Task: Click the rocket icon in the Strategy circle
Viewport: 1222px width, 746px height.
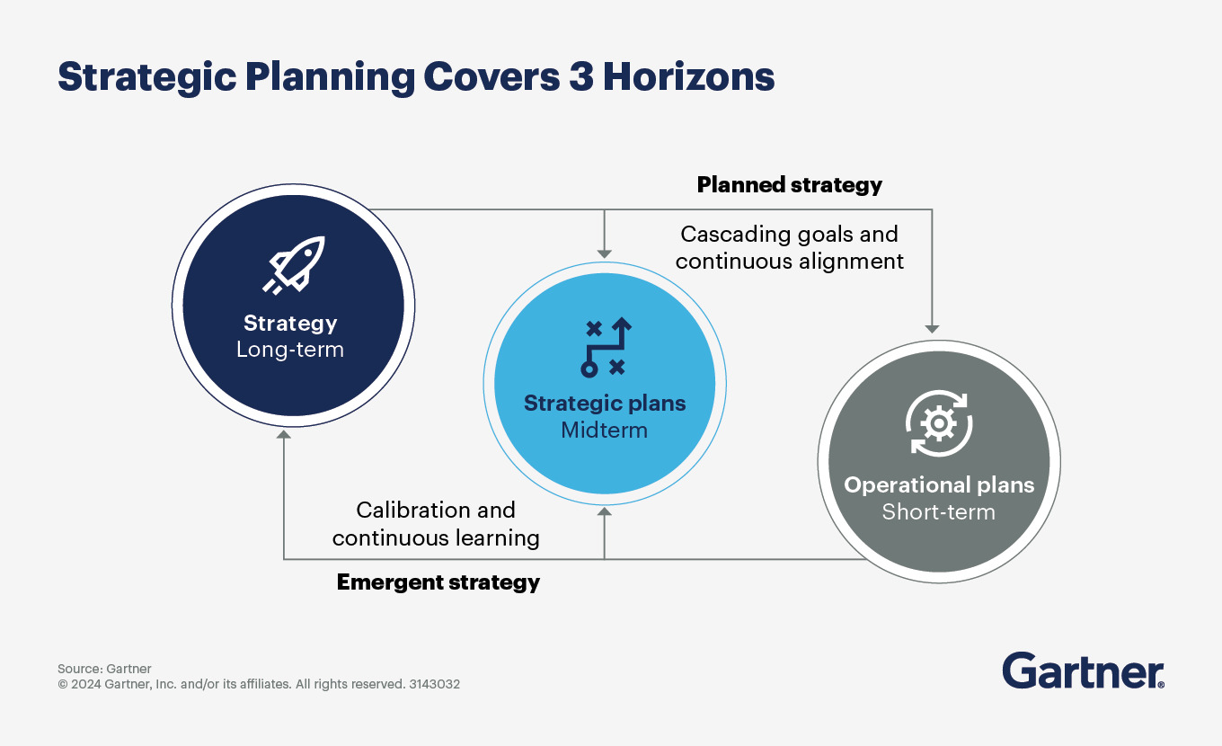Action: tap(293, 266)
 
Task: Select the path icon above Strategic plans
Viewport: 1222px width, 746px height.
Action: tap(605, 347)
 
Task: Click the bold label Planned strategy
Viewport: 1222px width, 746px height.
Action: tap(789, 185)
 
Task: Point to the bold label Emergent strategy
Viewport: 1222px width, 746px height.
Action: tap(438, 582)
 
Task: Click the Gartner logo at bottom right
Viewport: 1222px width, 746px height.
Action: tap(1083, 671)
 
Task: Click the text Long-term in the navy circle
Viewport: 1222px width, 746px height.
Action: tap(289, 350)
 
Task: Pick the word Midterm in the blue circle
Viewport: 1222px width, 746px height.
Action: tap(604, 430)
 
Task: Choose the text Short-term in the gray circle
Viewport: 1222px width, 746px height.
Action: tap(938, 512)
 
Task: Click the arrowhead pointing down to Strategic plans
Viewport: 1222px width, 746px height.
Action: tap(605, 253)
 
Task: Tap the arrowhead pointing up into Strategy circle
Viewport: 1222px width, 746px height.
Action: tap(284, 435)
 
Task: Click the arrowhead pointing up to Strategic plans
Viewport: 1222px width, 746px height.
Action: tap(605, 511)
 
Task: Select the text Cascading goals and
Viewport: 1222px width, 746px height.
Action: tap(789, 235)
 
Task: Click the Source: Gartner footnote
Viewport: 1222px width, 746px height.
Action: tap(104, 669)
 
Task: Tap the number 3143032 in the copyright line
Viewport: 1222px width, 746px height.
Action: tap(434, 684)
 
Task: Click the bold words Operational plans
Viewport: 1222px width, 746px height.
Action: tap(939, 485)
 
